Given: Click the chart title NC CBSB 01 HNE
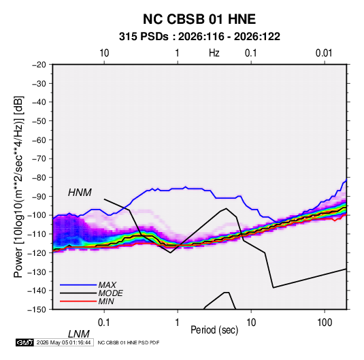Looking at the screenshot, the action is coord(199,19).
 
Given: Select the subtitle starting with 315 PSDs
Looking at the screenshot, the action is coord(199,37).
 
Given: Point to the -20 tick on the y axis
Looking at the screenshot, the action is coord(39,65).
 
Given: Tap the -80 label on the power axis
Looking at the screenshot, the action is coord(39,178).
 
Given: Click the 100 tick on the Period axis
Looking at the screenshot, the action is coord(325,323).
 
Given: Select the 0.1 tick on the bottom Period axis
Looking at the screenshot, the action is coord(104,323).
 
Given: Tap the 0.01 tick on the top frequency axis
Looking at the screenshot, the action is coord(324,53).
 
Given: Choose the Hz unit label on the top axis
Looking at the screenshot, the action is coord(214,53).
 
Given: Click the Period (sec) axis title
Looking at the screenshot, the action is coord(214,330).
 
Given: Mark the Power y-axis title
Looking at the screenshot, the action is coord(18,186).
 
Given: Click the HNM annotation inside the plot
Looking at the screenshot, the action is coord(80,193).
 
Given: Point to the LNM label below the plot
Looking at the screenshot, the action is coord(79,334).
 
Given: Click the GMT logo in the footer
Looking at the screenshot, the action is coord(25,342).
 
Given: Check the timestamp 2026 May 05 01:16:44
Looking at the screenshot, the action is coord(63,342).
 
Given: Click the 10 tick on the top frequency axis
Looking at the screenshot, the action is coord(104,53).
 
